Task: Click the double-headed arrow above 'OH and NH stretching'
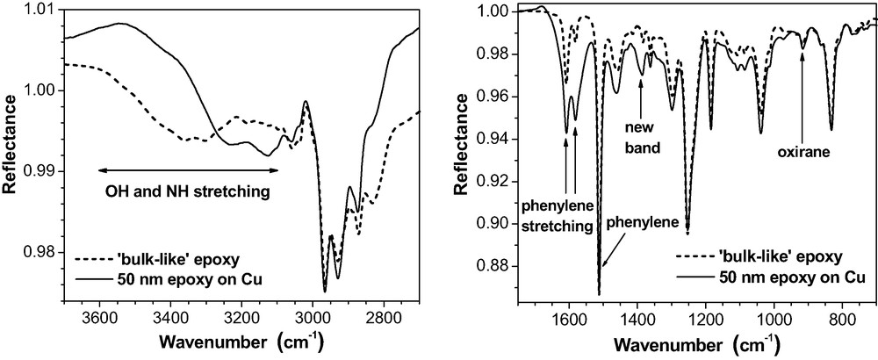click(187, 169)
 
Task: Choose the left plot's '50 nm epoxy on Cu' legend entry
click(167, 281)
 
